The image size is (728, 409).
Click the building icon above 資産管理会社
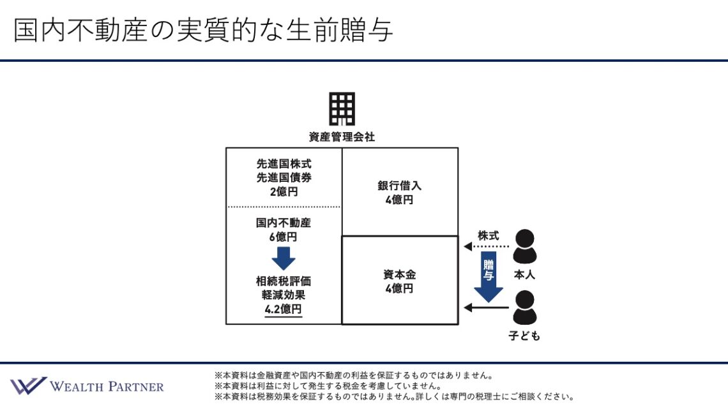[342, 108]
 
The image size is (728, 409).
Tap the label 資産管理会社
[342, 137]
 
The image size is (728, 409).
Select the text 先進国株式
[284, 164]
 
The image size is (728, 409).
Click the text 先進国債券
[284, 177]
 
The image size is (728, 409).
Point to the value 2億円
[284, 191]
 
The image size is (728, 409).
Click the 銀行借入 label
[400, 186]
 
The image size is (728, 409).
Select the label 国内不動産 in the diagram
[284, 223]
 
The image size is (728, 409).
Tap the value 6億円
[284, 237]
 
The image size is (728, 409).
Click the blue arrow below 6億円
[284, 258]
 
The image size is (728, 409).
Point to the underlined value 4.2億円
[284, 309]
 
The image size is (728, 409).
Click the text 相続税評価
[284, 281]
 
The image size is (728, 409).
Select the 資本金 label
[400, 275]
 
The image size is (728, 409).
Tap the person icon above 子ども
[525, 308]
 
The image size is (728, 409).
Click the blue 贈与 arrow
[489, 276]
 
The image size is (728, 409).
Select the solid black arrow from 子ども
[486, 308]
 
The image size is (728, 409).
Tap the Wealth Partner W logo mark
[28, 386]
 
